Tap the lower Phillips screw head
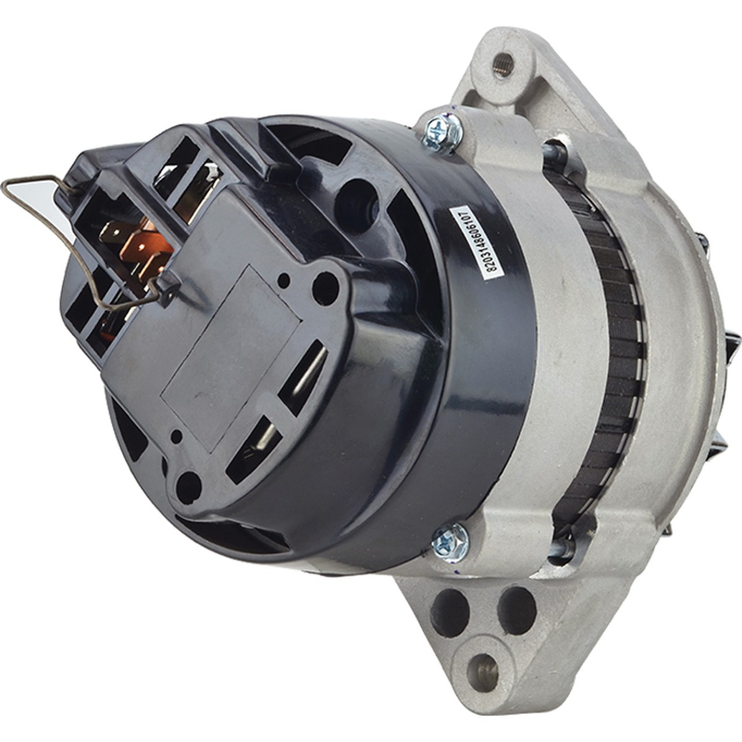click(450, 536)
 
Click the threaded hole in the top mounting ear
click(504, 62)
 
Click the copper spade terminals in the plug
click(137, 245)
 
